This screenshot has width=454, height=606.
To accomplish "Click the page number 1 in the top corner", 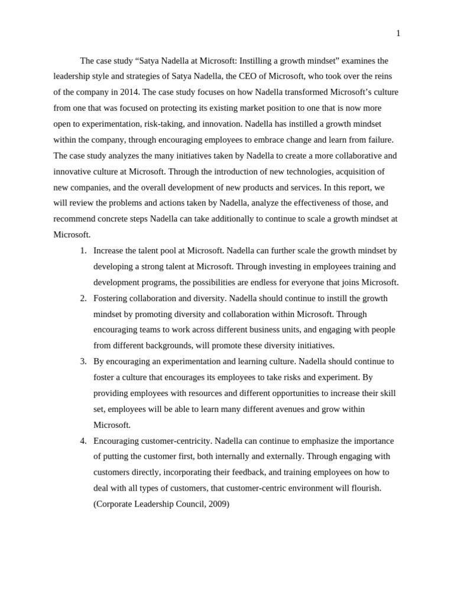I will pyautogui.click(x=398, y=34).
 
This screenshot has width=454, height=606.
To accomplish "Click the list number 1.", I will pyautogui.click(x=83, y=251).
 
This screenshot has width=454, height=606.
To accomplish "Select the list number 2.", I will pyautogui.click(x=83, y=298).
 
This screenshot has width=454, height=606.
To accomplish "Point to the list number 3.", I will pyautogui.click(x=83, y=362).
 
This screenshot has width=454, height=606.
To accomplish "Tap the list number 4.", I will pyautogui.click(x=83, y=441).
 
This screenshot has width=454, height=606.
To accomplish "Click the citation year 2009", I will pyautogui.click(x=217, y=504).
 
